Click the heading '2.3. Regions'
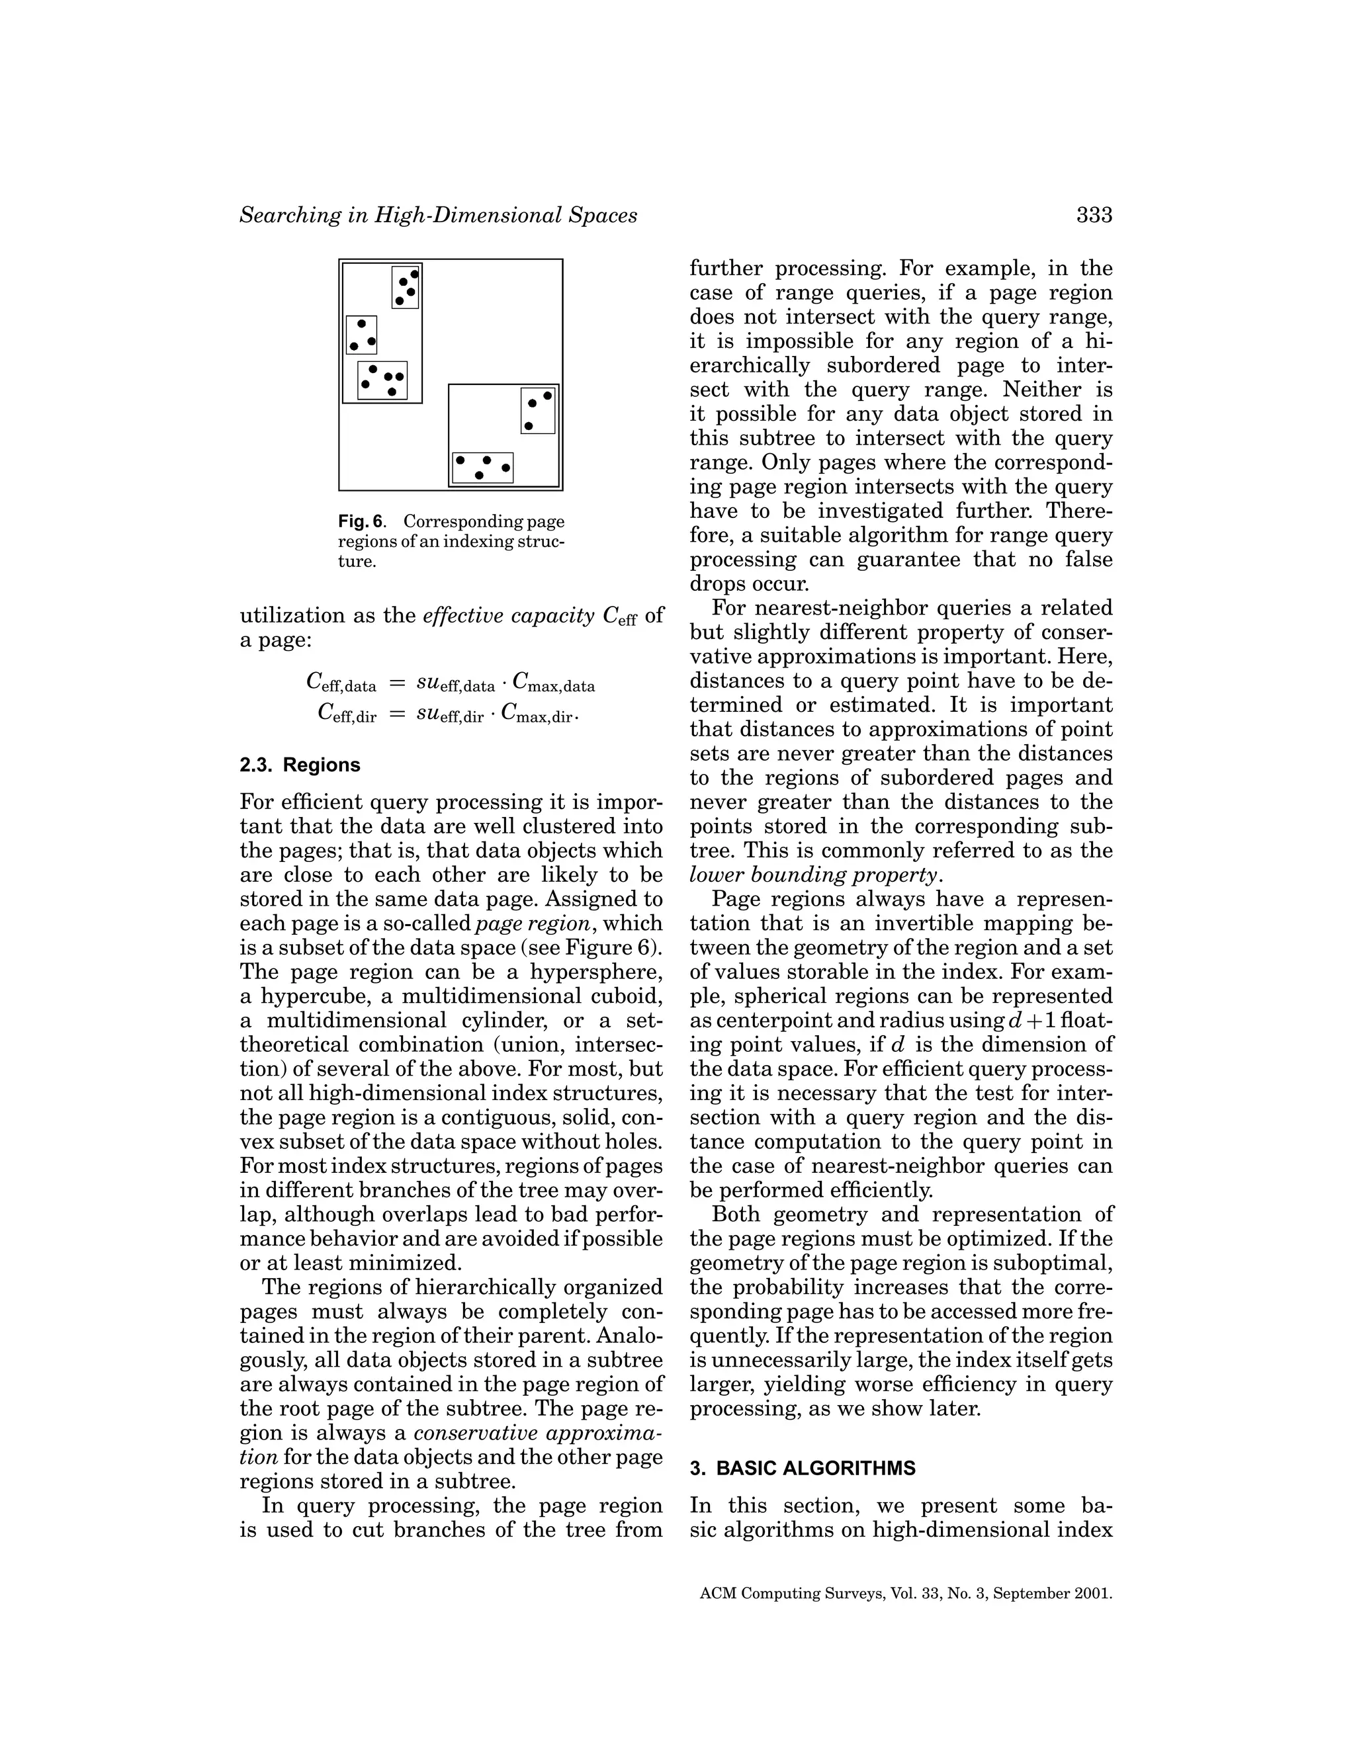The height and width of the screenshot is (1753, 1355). [300, 765]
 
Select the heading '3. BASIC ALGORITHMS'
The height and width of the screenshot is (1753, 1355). [802, 1468]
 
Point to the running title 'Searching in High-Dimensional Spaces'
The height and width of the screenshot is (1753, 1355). [438, 215]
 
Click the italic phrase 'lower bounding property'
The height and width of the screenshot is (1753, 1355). [812, 875]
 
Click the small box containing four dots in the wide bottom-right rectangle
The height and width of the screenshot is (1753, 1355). [482, 468]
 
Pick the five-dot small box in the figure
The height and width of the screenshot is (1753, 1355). [383, 380]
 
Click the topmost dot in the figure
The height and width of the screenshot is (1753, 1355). [414, 274]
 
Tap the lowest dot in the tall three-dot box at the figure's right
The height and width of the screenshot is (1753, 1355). [528, 425]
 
